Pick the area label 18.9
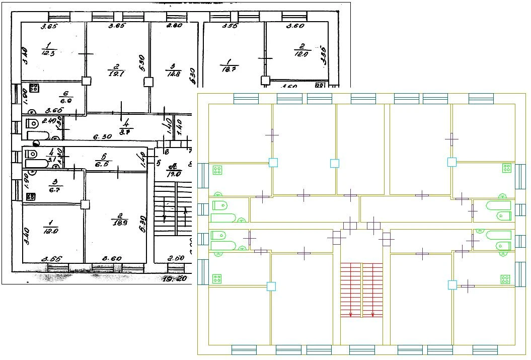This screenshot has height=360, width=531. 119,222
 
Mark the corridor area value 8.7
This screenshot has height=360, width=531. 125,132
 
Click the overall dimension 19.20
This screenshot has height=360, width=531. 175,277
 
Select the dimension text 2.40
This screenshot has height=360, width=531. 49,121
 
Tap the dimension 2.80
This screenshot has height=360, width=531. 175,26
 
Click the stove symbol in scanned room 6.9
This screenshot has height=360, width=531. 34,88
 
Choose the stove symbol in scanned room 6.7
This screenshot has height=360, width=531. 30,196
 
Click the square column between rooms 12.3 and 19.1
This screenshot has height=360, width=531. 87,81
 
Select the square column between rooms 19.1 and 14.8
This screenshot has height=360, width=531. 148,82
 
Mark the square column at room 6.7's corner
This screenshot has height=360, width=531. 86,204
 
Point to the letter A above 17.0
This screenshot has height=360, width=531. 173,166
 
